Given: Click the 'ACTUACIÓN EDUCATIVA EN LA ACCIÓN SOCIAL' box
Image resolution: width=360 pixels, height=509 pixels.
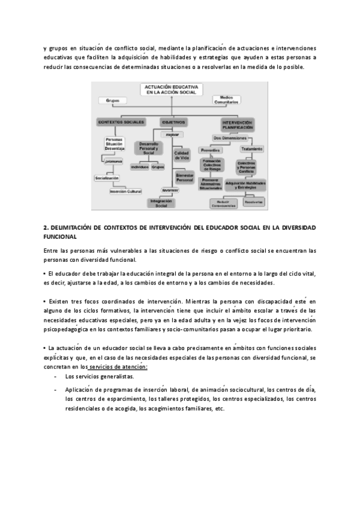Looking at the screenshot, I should (172, 90).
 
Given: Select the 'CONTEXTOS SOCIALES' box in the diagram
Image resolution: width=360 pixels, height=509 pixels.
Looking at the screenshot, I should (121, 122).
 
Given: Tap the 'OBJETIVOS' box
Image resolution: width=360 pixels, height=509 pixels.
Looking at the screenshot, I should (173, 122).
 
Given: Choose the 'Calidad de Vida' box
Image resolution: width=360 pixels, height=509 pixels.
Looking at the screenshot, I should (182, 155).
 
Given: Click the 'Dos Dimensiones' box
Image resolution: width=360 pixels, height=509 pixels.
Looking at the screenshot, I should (231, 137).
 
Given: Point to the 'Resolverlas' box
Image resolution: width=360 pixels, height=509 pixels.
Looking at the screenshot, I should (254, 202).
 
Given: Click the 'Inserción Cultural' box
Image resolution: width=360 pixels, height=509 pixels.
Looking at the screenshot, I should (125, 191).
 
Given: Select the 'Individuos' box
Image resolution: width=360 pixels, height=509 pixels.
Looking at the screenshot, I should (139, 167).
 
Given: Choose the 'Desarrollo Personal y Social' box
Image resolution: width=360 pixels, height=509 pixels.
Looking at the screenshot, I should (149, 148).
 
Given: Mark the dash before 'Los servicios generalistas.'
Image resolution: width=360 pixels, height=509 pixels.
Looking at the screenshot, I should (56, 376).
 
